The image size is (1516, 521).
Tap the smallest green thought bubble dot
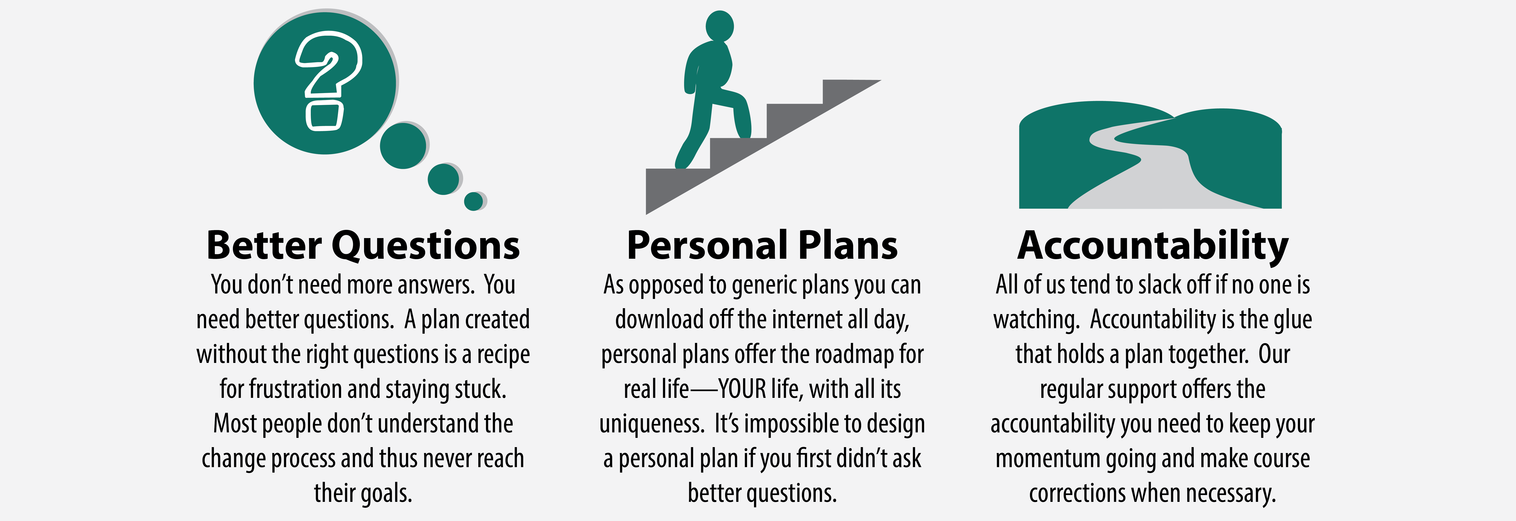[x=473, y=201]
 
